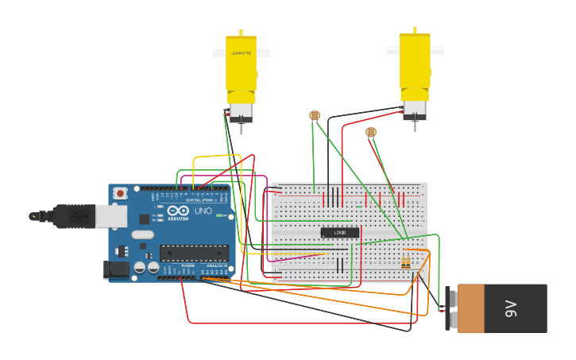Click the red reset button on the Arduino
point(120,193)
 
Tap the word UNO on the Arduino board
point(203,211)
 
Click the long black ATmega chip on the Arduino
point(194,253)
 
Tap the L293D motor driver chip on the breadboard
point(340,232)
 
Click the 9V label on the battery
point(511,308)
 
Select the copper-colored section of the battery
point(470,308)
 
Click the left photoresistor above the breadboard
point(315,115)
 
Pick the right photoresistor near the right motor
point(370,132)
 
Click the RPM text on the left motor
point(241,54)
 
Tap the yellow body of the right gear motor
point(415,64)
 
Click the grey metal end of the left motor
point(242,112)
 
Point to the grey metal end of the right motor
point(415,109)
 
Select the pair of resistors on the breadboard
point(406,262)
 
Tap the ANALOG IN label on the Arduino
point(215,266)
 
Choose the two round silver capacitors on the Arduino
point(146,268)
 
